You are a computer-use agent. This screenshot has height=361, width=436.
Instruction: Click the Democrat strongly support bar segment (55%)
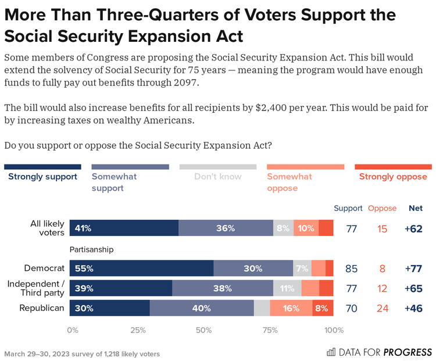point(141,269)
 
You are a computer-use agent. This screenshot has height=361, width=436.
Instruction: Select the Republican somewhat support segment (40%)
point(202,308)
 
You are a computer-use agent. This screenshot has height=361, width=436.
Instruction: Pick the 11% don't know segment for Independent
point(287,288)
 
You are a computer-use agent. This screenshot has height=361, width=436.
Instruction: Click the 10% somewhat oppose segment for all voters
point(306,228)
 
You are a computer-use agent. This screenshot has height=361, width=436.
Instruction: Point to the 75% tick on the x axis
point(269,331)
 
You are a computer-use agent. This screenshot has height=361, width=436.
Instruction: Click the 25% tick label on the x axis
point(138,331)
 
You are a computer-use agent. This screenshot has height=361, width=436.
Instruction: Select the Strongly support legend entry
point(42,177)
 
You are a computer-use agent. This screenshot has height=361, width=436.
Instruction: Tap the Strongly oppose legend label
point(393,177)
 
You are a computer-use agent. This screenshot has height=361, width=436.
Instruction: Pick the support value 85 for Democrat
point(351,269)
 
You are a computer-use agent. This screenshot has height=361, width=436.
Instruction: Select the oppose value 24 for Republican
point(382,308)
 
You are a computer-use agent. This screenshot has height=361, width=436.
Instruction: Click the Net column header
point(416,208)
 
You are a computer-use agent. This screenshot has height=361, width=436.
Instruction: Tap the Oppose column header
point(382,208)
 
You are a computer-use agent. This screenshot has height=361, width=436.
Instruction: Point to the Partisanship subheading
point(91,249)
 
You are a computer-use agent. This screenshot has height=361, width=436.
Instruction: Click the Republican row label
point(42,308)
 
